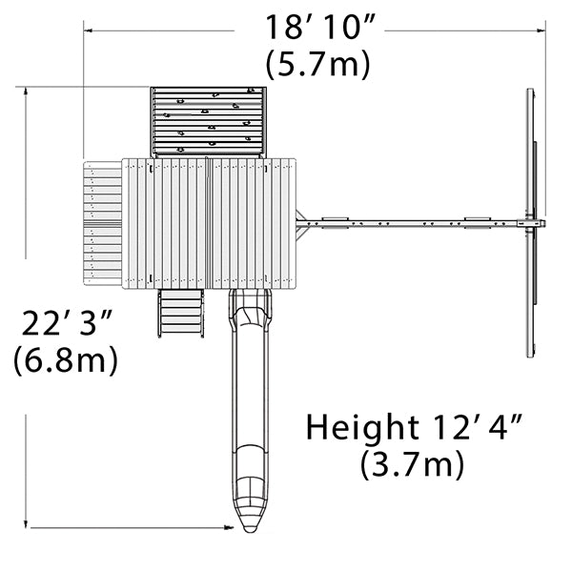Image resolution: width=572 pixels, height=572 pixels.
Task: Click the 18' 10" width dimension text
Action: pos(319,28)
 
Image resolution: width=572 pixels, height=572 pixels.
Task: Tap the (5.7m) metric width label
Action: pos(317,64)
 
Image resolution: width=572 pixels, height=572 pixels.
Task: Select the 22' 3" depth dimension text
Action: pos(67,323)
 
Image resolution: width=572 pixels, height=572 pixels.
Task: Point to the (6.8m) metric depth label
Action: pos(66,359)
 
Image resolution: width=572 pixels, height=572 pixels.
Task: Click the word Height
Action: pos(362,428)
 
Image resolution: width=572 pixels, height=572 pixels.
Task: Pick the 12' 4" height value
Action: pos(478,426)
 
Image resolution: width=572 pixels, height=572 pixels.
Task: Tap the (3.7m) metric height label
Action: pos(412,463)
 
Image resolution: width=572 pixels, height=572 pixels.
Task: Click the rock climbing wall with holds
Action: pos(208,121)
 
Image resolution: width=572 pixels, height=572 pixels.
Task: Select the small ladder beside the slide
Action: pos(181,313)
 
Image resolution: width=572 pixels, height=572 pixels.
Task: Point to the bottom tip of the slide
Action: pos(250,532)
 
